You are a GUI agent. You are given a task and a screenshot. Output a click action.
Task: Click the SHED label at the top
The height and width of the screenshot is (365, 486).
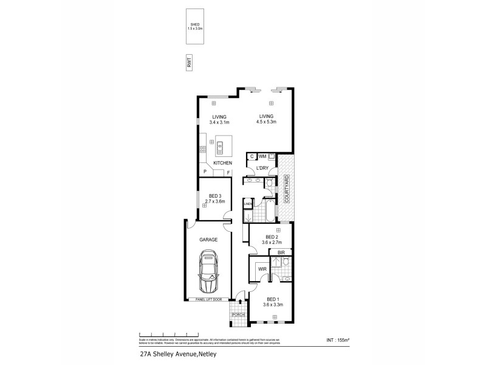195,25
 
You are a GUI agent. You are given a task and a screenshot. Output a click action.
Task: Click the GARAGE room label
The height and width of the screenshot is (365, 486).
208,240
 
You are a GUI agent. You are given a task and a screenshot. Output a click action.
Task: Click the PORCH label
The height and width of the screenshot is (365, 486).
238,315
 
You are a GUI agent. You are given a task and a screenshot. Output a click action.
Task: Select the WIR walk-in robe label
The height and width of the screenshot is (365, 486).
263,268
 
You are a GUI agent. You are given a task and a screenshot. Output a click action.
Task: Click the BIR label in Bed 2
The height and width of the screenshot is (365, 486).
281,252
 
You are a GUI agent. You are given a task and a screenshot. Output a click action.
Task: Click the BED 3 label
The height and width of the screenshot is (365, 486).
215,195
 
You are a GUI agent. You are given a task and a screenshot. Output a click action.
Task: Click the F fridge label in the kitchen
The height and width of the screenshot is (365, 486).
228,173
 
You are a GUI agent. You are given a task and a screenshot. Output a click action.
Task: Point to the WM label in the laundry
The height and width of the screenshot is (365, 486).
262,156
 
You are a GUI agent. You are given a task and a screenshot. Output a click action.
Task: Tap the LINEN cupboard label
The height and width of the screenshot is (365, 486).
248,204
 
